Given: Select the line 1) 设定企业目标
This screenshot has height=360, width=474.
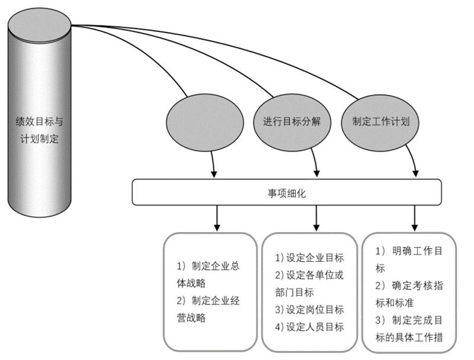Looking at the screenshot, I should tap(309, 258).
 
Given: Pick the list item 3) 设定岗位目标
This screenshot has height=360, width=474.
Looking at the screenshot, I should tap(309, 310).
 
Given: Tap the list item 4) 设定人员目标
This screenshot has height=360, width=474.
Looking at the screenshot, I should tap(309, 327).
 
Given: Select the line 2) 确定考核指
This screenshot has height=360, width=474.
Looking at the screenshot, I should tap(409, 285).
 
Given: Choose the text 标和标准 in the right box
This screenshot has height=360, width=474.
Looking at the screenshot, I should tap(395, 303).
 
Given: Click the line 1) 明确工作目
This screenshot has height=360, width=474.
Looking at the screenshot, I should tap(409, 250).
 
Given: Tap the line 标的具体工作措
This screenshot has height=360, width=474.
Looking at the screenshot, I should tap(409, 337).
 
